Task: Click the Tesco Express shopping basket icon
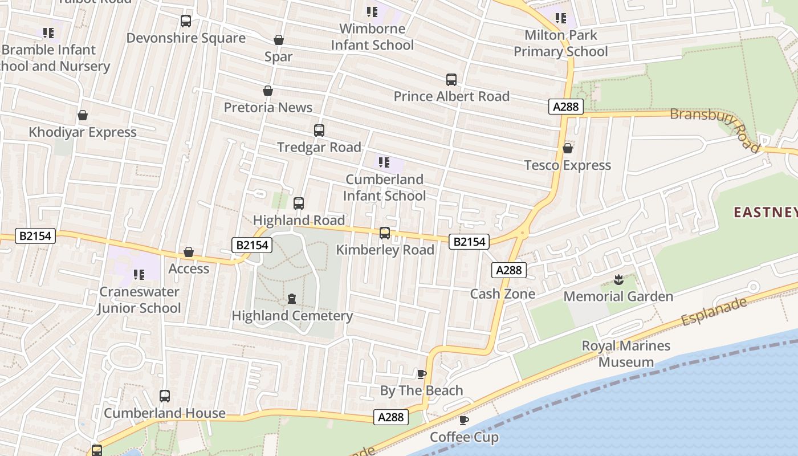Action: click(568, 149)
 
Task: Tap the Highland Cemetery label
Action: click(292, 315)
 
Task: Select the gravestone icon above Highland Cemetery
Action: click(292, 298)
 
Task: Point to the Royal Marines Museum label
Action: click(626, 353)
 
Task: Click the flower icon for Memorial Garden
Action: click(618, 279)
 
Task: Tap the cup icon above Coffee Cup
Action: click(464, 421)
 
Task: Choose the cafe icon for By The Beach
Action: click(422, 374)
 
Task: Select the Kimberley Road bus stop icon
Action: click(385, 233)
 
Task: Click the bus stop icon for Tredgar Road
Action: click(319, 131)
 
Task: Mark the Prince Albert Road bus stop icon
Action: click(451, 80)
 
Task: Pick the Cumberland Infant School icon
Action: click(384, 162)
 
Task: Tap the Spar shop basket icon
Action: click(279, 40)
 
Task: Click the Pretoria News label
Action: click(268, 107)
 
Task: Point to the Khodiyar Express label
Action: click(83, 132)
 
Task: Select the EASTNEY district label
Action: click(765, 213)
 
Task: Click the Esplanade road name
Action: click(714, 311)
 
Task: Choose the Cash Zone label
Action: click(502, 294)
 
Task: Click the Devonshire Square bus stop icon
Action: click(186, 21)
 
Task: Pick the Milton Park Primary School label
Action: click(561, 43)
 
